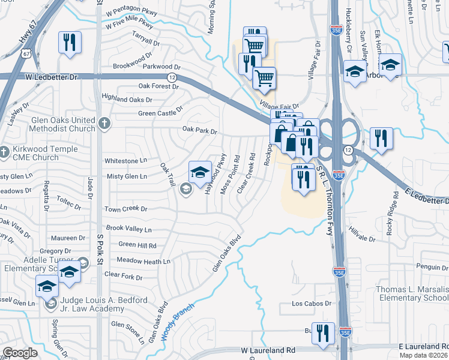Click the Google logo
click(x=20, y=353)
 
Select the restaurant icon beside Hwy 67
click(x=69, y=42)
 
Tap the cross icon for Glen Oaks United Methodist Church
click(x=104, y=124)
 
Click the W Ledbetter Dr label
click(x=53, y=77)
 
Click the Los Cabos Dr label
click(x=312, y=304)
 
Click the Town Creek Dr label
click(x=126, y=209)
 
